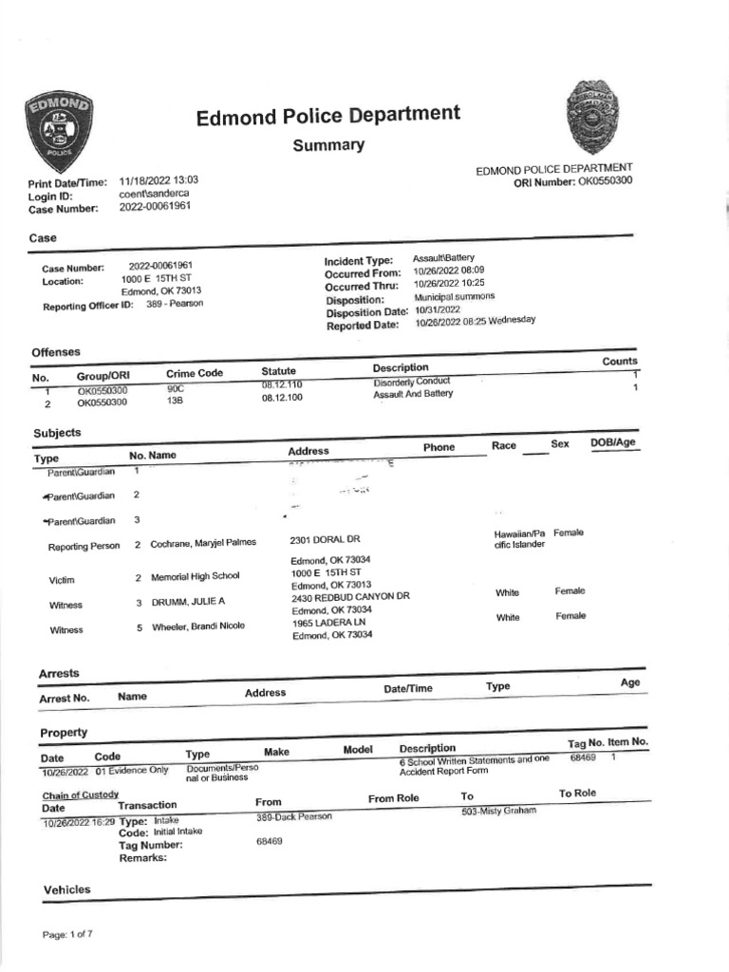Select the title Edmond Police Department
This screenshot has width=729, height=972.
(x=327, y=117)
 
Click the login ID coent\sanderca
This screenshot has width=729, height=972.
(x=156, y=194)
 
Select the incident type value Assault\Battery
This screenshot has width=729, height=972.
(x=443, y=258)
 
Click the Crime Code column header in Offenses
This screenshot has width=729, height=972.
(x=194, y=374)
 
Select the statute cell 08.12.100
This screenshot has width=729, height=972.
(x=282, y=399)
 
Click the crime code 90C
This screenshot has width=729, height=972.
(x=175, y=389)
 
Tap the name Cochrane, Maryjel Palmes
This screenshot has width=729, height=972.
(x=204, y=543)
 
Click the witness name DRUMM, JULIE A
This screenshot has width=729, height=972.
(x=188, y=603)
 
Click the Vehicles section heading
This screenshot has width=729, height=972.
(x=67, y=889)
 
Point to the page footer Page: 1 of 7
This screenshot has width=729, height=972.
(x=67, y=935)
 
